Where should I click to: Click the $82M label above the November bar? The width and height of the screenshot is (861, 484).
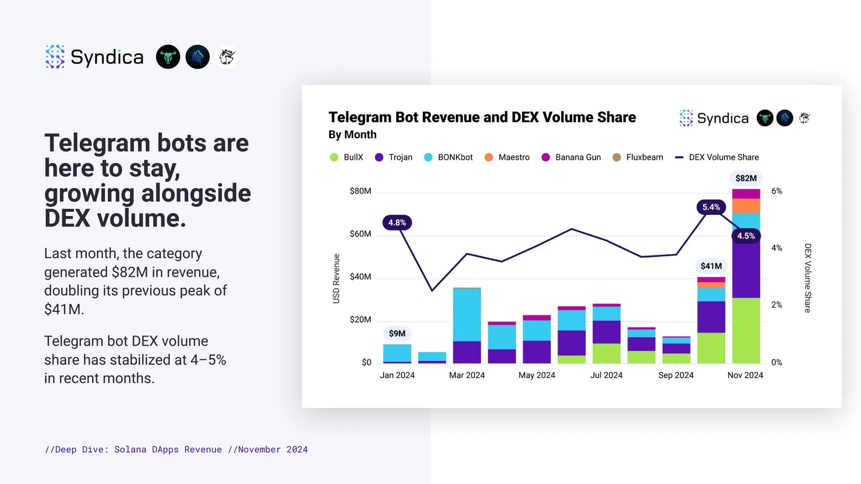tap(746, 178)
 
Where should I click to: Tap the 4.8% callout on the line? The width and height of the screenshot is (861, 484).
tap(397, 223)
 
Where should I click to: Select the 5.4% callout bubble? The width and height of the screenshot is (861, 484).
tap(711, 207)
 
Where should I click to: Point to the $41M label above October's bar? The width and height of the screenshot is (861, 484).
tap(711, 266)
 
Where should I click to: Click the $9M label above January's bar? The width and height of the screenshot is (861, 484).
tap(397, 333)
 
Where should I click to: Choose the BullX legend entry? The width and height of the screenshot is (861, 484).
tap(347, 157)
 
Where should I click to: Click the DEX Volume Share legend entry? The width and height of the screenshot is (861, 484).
tap(717, 157)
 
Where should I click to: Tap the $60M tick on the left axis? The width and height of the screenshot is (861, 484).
tap(360, 234)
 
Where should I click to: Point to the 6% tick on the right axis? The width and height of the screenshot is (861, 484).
tap(777, 191)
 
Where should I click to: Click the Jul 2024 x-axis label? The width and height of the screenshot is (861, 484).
tap(606, 375)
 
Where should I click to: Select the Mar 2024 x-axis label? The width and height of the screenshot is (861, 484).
tap(467, 375)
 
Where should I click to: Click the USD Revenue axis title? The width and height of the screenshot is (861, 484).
tap(336, 279)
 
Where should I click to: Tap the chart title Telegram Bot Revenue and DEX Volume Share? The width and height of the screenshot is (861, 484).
tap(482, 117)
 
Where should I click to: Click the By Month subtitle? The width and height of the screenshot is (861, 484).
tap(352, 134)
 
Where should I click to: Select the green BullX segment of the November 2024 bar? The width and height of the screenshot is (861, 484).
tap(746, 330)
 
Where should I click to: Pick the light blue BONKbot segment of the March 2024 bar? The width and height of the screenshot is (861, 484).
tap(467, 315)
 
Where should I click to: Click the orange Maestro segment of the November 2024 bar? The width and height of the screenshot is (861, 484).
tap(746, 206)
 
